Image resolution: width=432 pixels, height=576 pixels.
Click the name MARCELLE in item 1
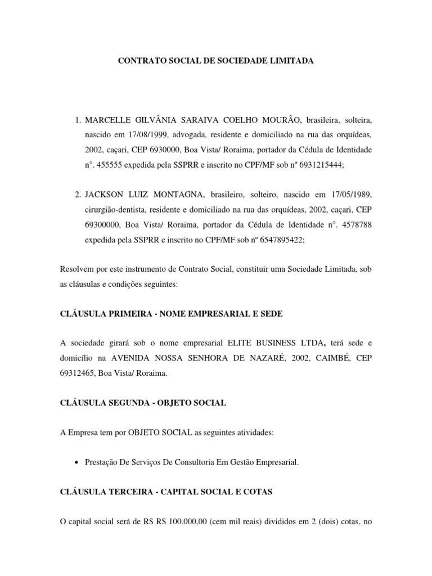[x=107, y=120]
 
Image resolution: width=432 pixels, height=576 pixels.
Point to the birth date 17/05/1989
[x=346, y=194]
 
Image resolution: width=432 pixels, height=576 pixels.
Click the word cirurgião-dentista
[x=117, y=209]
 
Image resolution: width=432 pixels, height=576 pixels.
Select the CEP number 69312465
[x=78, y=372]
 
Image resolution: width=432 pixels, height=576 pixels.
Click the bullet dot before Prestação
[x=76, y=462]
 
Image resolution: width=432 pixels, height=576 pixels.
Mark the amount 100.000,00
[x=179, y=521]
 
